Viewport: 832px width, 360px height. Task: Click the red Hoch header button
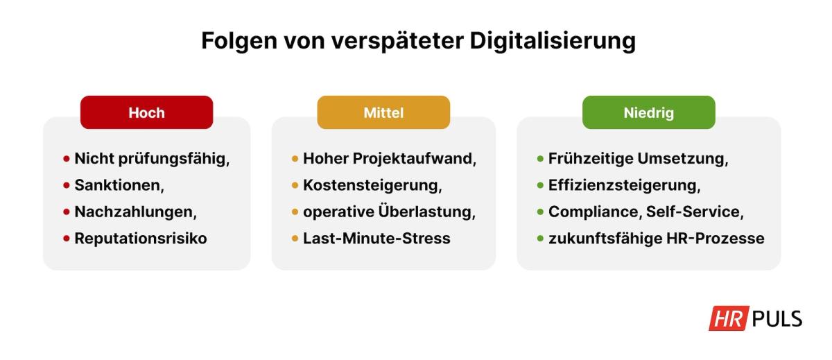click(146, 112)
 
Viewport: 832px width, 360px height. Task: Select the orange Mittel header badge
click(383, 112)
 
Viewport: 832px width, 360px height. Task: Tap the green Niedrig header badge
click(648, 112)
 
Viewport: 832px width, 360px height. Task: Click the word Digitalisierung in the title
click(553, 41)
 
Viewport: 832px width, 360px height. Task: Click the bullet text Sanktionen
click(119, 185)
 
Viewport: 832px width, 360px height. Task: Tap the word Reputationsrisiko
click(141, 239)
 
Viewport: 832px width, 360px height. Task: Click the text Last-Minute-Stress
click(376, 239)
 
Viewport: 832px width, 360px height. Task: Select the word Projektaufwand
click(415, 159)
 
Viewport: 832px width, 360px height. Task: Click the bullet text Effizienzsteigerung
click(624, 185)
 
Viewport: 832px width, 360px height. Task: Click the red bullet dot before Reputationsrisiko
click(67, 239)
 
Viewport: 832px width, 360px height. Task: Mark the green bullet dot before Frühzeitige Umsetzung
click(540, 159)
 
